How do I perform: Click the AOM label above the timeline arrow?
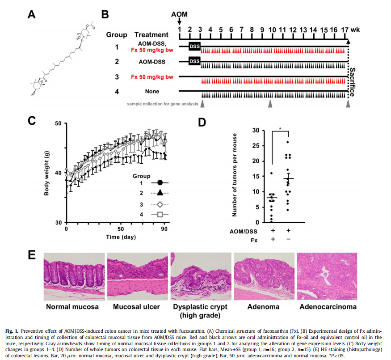click(x=179, y=14)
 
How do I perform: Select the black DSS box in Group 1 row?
click(x=194, y=46)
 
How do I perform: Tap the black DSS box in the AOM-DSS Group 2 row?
click(x=194, y=61)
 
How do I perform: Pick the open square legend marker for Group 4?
click(x=159, y=215)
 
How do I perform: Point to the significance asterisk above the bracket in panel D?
click(x=280, y=128)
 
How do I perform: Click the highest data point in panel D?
click(x=288, y=142)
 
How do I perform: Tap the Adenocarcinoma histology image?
click(x=328, y=276)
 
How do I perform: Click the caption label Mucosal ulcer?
click(x=136, y=307)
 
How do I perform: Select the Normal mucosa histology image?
click(x=73, y=276)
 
